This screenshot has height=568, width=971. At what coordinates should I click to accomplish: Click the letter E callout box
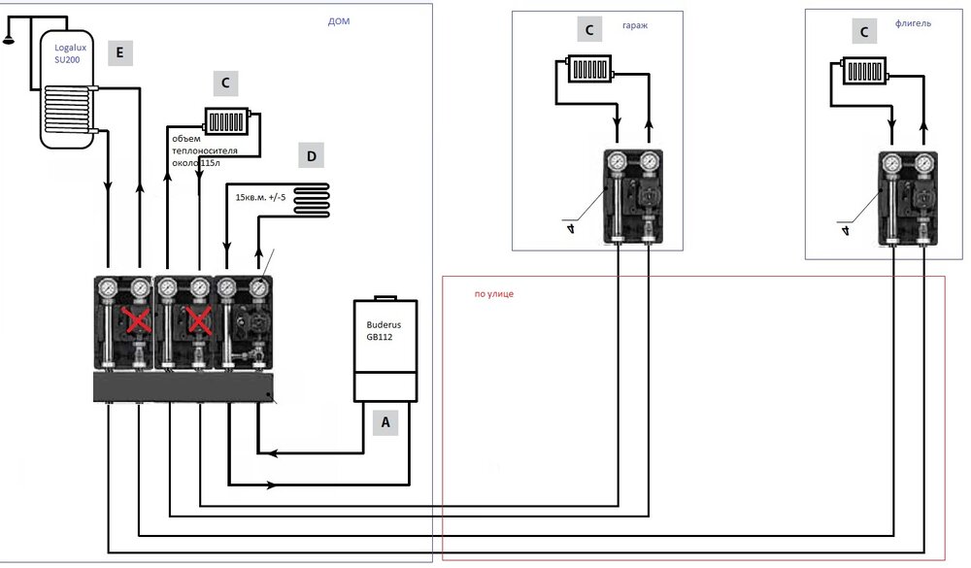click(x=119, y=53)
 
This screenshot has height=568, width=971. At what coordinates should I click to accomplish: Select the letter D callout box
click(x=311, y=156)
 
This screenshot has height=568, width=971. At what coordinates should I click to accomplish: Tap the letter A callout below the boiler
click(x=385, y=422)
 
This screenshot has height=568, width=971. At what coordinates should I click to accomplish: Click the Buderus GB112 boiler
click(x=384, y=349)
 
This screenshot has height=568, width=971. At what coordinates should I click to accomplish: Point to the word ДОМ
click(x=337, y=20)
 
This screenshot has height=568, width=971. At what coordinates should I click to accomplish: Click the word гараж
click(x=636, y=27)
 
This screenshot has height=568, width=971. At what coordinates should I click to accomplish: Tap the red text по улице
click(x=494, y=293)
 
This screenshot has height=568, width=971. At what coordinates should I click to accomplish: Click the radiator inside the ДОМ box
click(x=226, y=120)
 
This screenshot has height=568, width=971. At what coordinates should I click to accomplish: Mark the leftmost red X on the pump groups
click(x=133, y=321)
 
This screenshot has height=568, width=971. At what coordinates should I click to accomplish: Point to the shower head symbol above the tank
click(x=9, y=38)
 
